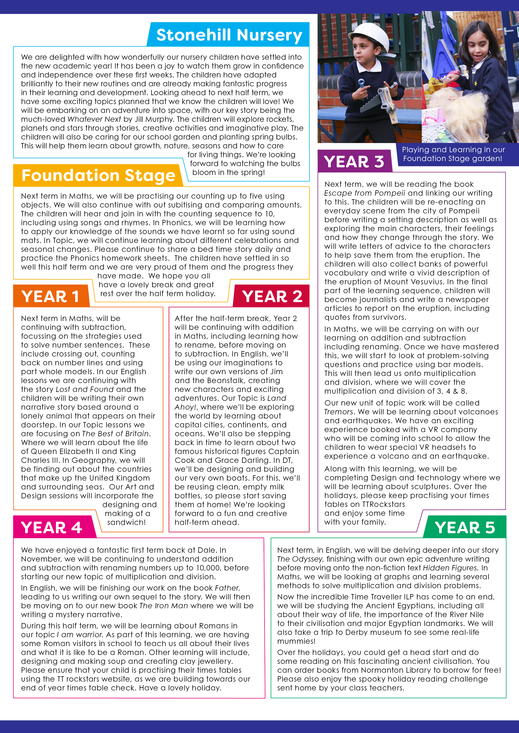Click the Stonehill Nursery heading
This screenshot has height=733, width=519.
point(229,35)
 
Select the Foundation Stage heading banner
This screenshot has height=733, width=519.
point(99,175)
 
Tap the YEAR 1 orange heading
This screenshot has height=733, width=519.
point(50,296)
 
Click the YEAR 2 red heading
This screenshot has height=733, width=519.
point(272,296)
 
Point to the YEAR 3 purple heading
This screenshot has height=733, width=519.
point(354,162)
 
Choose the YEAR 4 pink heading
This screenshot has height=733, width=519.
point(51,527)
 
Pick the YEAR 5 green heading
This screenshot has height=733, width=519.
point(465,527)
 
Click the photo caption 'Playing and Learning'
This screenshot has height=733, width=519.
point(453,154)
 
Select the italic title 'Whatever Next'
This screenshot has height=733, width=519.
point(94,119)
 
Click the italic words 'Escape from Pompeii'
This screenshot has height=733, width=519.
point(364,193)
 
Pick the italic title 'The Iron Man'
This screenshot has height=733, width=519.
point(163,606)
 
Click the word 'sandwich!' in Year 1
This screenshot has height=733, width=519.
point(126,522)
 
